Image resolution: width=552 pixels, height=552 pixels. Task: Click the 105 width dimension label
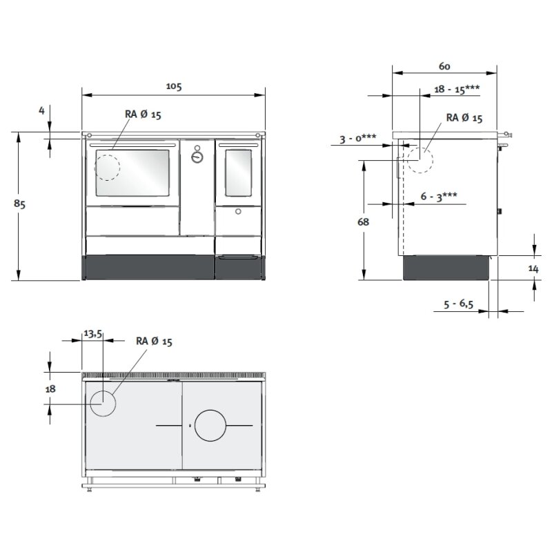point(174,86)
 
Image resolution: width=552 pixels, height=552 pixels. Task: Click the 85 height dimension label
point(20,204)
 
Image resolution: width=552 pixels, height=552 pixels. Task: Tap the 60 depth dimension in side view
point(444,66)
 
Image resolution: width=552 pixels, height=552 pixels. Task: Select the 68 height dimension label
point(363,221)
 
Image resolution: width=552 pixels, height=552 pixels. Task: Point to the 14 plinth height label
point(533,268)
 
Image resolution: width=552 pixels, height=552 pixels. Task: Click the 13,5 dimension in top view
point(93,333)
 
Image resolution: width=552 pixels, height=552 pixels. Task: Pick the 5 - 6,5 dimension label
point(458,304)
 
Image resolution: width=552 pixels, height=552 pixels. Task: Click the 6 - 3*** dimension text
point(439,197)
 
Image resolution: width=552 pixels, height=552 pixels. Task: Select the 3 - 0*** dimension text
point(357,139)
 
